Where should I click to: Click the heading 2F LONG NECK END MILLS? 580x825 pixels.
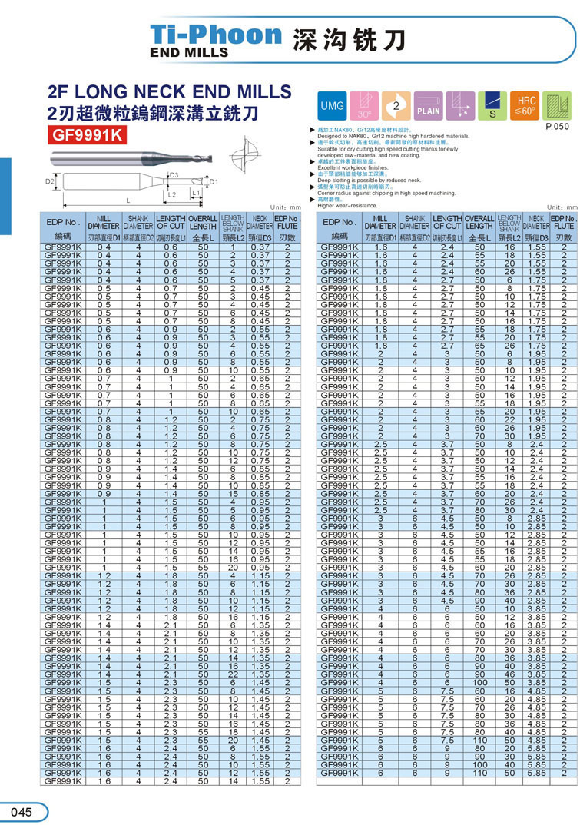(x=170, y=92)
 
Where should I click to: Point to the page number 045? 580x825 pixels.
(x=22, y=812)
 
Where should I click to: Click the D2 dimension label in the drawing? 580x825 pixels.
(x=49, y=182)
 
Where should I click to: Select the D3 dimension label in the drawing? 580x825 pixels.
(x=174, y=174)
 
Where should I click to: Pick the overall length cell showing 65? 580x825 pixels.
(x=479, y=346)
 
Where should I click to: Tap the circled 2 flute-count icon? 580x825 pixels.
(x=396, y=105)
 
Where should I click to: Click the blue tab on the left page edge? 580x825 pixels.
(x=5, y=195)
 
